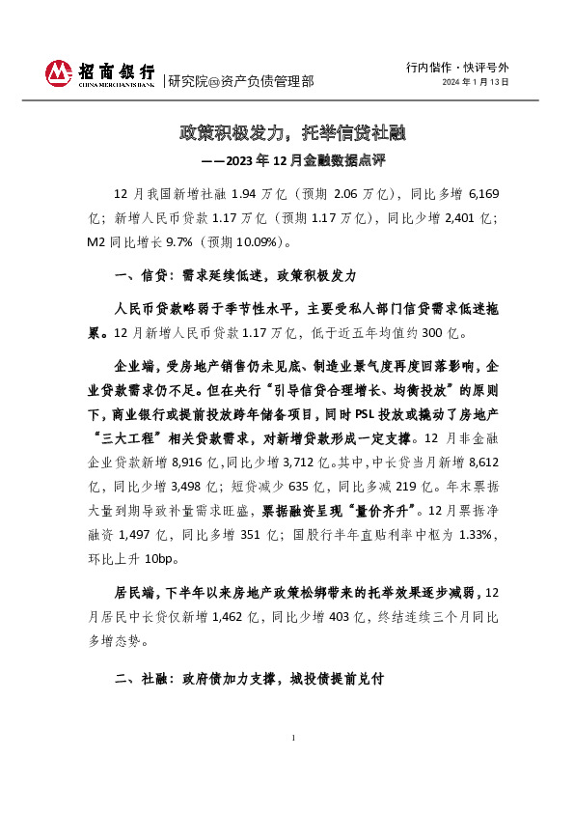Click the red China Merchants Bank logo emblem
tap(59, 73)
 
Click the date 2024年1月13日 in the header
tap(475, 83)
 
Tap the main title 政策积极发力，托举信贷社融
tap(287, 131)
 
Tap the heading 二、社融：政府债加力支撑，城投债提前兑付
tap(249, 680)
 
